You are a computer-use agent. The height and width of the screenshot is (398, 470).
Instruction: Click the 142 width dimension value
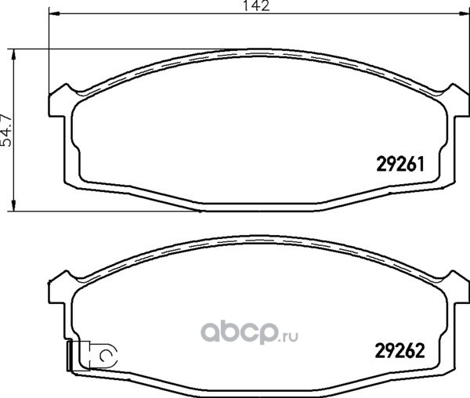click(256, 5)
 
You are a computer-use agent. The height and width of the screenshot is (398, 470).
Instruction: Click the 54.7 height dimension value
click(6, 130)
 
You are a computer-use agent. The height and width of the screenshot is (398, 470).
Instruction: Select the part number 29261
click(400, 165)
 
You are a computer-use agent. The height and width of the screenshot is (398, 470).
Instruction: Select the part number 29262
click(400, 351)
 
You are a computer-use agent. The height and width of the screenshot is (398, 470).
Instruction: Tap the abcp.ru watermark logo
click(249, 332)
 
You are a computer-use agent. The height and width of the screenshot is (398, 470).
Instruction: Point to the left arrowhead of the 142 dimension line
click(54, 13)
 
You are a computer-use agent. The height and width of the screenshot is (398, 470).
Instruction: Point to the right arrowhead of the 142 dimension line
click(464, 13)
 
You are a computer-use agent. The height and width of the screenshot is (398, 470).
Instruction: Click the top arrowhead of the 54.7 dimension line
click(13, 56)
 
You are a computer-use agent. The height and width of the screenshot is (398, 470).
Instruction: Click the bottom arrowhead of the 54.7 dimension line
click(13, 205)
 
